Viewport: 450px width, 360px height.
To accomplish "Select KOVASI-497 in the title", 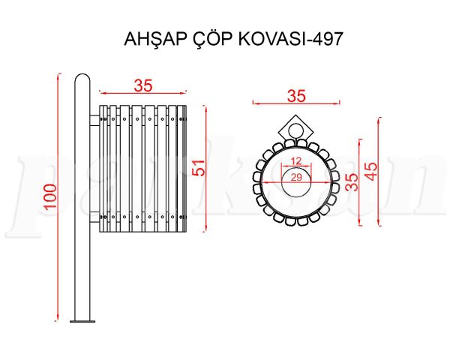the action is pyautogui.click(x=290, y=39).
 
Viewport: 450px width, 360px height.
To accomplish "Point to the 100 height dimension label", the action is pyautogui.click(x=50, y=196).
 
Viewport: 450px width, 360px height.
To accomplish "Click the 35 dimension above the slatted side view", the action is pyautogui.click(x=143, y=85).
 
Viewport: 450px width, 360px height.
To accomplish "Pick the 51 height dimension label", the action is pyautogui.click(x=199, y=168).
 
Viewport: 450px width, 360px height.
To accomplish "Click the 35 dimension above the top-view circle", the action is pyautogui.click(x=296, y=96).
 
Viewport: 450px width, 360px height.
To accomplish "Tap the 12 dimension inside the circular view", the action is pyautogui.click(x=296, y=160).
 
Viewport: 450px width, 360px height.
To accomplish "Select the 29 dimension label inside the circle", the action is pyautogui.click(x=296, y=177).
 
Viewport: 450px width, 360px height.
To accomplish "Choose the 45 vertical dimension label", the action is pyautogui.click(x=371, y=172).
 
